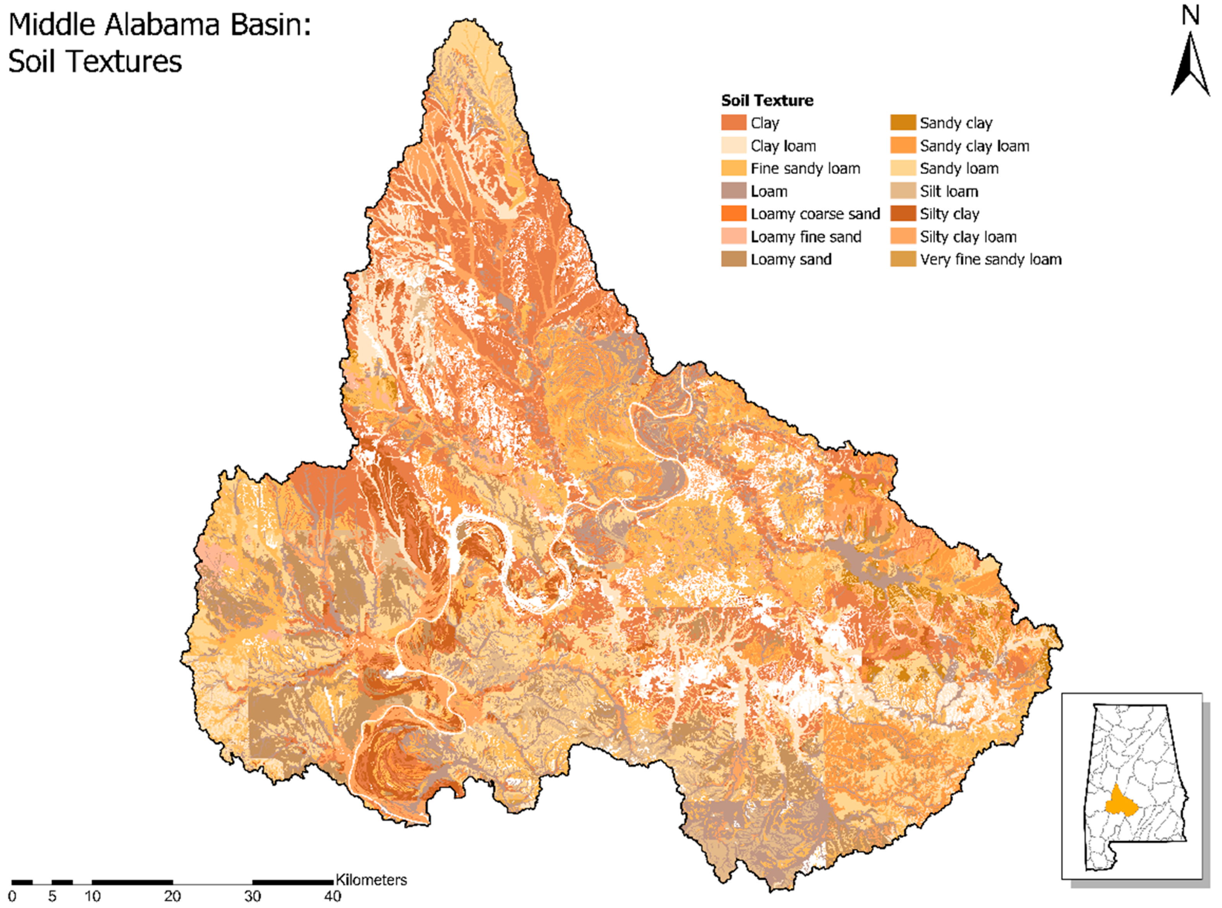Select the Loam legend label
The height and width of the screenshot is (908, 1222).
tap(769, 191)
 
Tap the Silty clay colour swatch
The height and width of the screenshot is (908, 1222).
tap(903, 214)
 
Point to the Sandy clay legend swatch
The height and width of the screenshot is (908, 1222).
tap(903, 122)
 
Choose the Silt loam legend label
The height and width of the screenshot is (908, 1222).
tap(949, 191)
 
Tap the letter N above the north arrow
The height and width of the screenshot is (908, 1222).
tap(1190, 15)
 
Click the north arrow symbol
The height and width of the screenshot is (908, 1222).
tap(1190, 66)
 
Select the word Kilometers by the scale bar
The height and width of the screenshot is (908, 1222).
tap(371, 880)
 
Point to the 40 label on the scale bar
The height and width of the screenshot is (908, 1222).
tap(332, 896)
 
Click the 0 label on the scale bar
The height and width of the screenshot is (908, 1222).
tap(12, 896)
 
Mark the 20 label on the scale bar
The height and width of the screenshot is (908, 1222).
tap(172, 896)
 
